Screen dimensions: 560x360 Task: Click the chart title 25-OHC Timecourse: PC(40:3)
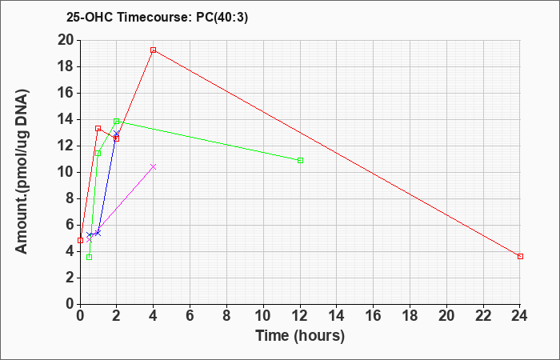[157, 17]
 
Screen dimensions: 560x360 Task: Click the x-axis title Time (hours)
[300, 336]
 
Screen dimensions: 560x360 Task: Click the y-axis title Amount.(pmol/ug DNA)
[22, 171]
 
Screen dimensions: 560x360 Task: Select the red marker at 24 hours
[520, 257]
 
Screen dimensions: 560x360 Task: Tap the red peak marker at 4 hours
[154, 50]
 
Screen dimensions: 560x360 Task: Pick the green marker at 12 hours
[300, 160]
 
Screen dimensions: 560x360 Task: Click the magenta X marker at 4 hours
[154, 166]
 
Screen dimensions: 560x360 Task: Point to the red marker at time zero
[80, 240]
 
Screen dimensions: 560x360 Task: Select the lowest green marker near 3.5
[90, 257]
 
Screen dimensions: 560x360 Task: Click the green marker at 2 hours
[117, 122]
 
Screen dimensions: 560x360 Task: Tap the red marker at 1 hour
[98, 128]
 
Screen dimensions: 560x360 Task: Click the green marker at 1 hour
[98, 154]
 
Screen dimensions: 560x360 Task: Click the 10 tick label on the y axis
[66, 172]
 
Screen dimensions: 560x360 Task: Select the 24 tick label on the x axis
[520, 315]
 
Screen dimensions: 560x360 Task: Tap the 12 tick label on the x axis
[300, 315]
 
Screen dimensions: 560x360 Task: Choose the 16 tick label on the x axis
[374, 315]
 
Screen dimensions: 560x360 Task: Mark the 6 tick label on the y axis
[70, 225]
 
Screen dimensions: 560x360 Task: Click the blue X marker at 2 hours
[117, 134]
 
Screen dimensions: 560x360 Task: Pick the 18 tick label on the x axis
[410, 315]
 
